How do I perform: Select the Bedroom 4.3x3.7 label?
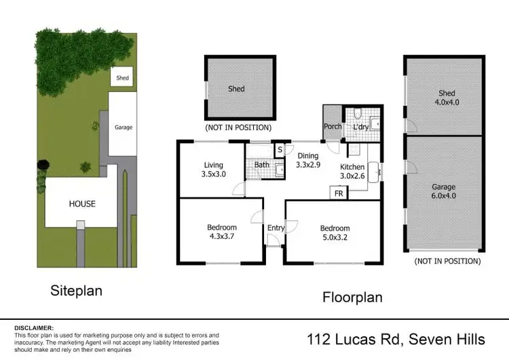click(221, 232)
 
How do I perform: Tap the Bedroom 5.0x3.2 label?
click(335, 232)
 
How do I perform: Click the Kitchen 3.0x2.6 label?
click(352, 171)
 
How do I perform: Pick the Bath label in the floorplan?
click(262, 164)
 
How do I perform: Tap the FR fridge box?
click(337, 194)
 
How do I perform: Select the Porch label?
click(333, 126)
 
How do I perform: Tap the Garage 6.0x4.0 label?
click(444, 191)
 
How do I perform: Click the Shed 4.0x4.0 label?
click(446, 98)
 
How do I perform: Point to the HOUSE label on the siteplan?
click(81, 203)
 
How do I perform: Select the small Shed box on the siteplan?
click(122, 78)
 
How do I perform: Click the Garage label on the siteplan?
click(123, 127)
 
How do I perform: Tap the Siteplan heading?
click(77, 291)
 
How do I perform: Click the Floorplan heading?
click(352, 297)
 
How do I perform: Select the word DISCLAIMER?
click(34, 327)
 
